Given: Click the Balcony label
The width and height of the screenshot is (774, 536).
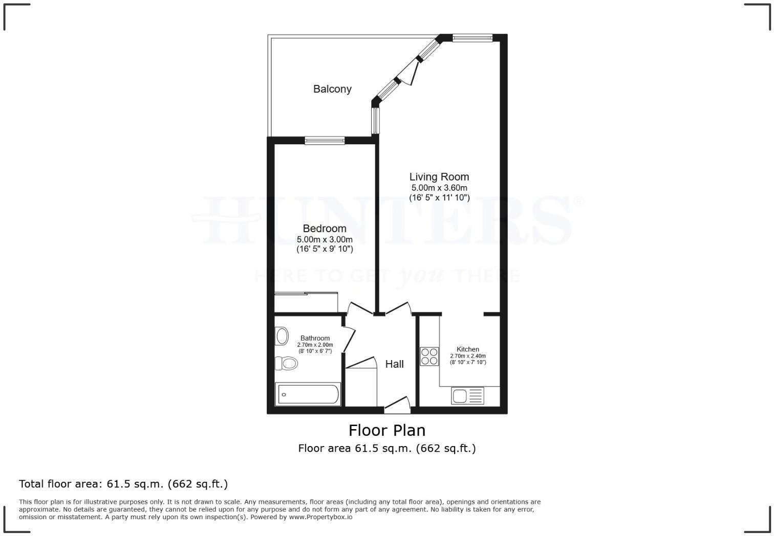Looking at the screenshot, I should (x=332, y=89).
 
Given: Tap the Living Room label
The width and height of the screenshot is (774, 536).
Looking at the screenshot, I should (x=439, y=177).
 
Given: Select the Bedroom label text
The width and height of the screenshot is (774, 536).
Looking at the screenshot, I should (x=325, y=229).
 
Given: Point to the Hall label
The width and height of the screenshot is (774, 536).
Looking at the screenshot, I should (x=394, y=364).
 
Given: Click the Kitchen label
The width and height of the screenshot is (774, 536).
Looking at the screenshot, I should (x=468, y=349).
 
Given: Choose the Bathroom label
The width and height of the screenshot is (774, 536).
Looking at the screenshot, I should (x=315, y=338).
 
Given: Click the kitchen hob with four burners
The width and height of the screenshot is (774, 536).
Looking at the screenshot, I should (x=429, y=356).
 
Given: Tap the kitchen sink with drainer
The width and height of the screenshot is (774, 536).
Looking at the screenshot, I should (x=467, y=396).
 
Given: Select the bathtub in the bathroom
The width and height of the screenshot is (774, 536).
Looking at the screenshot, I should (x=308, y=395).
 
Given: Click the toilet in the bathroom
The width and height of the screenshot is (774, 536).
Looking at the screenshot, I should (x=286, y=364).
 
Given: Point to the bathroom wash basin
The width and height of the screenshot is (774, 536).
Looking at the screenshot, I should (x=282, y=337).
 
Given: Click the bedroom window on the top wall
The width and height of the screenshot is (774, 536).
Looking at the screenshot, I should (x=325, y=141).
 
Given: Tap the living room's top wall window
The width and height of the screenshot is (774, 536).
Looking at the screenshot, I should (x=472, y=37).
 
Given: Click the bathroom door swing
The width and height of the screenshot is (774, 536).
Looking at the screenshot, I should (x=349, y=338).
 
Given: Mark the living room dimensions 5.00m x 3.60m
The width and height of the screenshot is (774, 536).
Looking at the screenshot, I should (x=439, y=188).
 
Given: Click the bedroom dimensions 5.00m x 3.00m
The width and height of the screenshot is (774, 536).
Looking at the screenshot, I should (x=325, y=239).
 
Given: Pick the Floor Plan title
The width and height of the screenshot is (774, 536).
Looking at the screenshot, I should (x=387, y=430).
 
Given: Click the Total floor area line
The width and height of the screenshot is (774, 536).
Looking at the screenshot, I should (x=123, y=484).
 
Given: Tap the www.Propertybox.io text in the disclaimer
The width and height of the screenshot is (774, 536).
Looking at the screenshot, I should (x=320, y=517).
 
